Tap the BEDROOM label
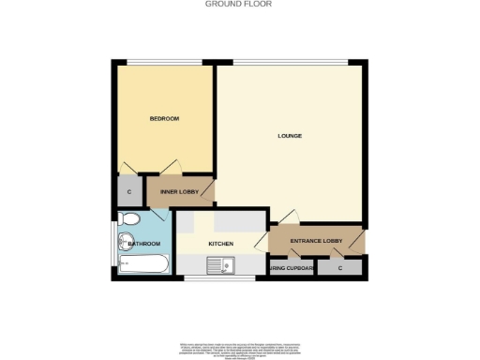click(164, 119)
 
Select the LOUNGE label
click(290, 136)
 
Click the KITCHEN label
click(220, 244)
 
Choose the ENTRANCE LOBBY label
click(315, 243)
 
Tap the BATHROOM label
click(144, 244)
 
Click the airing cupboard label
click(292, 269)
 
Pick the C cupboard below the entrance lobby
click(339, 269)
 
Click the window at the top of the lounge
click(290, 63)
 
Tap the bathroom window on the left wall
click(114, 243)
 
